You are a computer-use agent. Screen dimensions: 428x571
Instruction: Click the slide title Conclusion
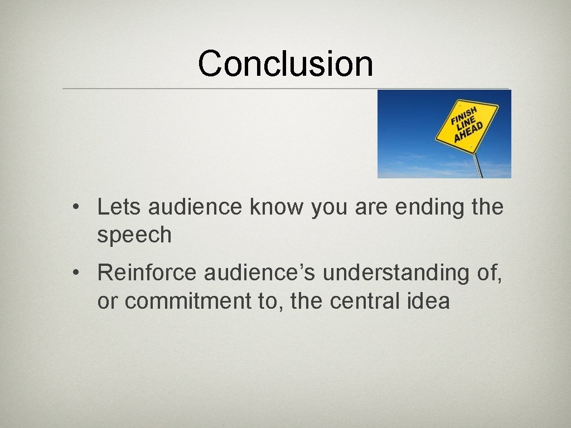tap(285, 63)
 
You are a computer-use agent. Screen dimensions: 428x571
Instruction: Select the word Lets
tap(120, 207)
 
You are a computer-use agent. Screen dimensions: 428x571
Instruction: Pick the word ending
tap(430, 207)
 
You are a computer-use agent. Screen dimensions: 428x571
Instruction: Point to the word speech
tap(134, 236)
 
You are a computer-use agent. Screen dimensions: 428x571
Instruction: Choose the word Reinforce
tap(147, 273)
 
